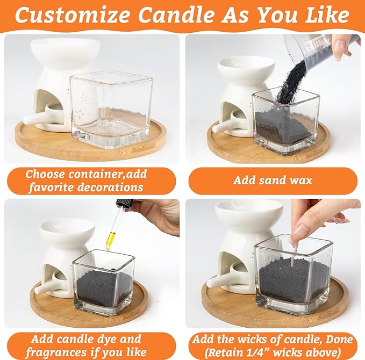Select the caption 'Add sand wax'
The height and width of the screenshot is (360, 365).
(272, 181)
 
